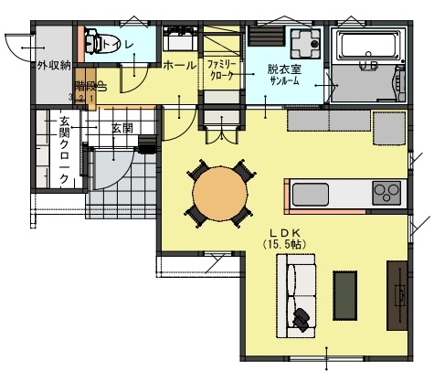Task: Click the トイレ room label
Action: point(117,44)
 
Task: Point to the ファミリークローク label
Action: point(222,70)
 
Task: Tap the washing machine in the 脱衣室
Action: point(301,43)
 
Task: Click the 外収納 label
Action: point(52,66)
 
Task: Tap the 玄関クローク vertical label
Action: point(63,150)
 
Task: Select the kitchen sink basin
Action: point(311,195)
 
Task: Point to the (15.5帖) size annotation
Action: point(286,245)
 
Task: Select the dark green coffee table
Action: point(345,295)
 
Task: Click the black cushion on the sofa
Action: point(302,317)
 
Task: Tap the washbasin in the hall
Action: point(178,42)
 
